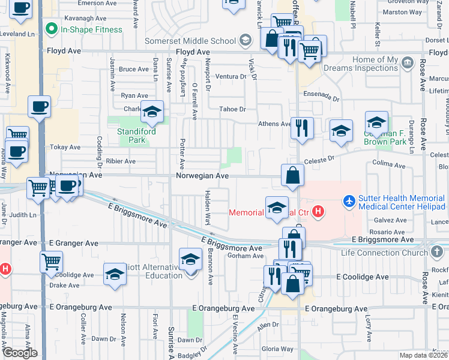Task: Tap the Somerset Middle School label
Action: (190, 41)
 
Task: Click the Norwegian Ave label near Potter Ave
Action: (202, 176)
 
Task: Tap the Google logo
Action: (19, 353)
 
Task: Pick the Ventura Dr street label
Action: (231, 77)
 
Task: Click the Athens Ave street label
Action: (274, 124)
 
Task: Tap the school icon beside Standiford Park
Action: (152, 111)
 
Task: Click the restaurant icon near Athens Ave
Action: (302, 128)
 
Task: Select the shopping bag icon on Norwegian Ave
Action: (292, 176)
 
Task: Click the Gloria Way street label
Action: (277, 349)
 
